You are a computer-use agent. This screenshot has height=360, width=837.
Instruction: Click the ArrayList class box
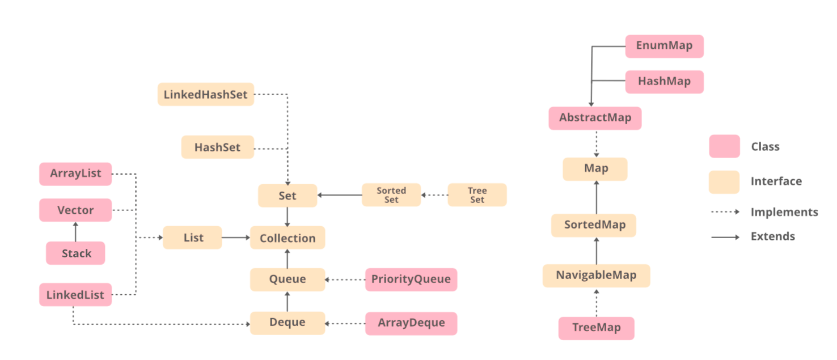point(75,173)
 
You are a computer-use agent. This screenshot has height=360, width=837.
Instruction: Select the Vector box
point(75,210)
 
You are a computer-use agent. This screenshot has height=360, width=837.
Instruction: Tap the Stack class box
point(75,253)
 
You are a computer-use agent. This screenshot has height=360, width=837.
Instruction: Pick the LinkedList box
point(75,295)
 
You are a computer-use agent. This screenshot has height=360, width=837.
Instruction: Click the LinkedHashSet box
point(205,94)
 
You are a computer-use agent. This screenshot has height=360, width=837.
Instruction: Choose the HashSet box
point(217,147)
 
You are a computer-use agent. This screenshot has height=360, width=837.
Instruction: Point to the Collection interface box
point(288,238)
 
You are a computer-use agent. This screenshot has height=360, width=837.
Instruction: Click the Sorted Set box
point(391,195)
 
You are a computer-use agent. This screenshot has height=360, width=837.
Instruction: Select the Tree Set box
point(477,195)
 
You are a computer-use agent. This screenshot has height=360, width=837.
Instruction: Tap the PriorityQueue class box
point(411,279)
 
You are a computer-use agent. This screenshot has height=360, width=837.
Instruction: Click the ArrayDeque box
point(411,323)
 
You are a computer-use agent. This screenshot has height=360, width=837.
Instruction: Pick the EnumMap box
point(664,46)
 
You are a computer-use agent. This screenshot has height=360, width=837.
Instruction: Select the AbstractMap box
point(595,118)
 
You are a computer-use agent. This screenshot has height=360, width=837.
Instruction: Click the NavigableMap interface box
point(596,275)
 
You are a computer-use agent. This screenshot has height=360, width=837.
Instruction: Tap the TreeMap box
point(596,328)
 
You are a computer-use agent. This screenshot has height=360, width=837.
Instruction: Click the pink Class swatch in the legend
point(724,146)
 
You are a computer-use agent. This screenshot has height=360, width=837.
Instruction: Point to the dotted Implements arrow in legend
point(725,212)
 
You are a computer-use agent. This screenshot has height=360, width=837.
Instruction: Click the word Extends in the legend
point(772,236)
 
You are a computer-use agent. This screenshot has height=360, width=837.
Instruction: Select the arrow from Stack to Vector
point(75,232)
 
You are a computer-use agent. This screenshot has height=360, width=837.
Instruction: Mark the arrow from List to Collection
point(236,238)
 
